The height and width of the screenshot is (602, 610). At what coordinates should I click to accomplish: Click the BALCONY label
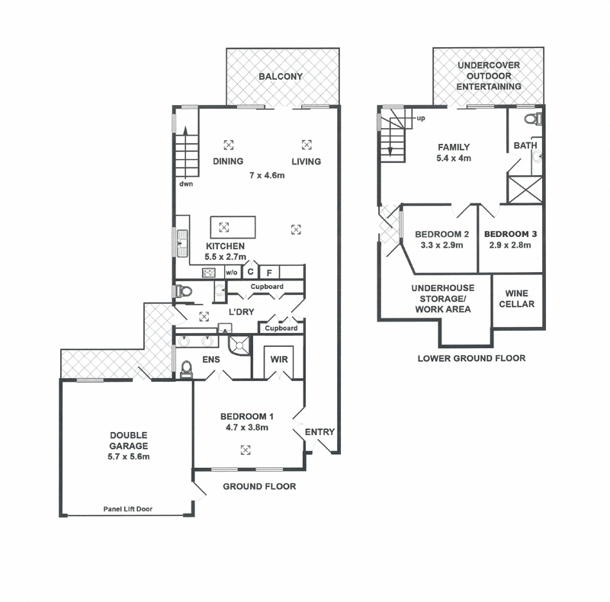tap(281, 76)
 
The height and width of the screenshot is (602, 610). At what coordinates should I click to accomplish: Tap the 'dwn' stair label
tap(186, 184)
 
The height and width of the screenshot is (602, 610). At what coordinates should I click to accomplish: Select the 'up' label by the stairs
tap(421, 118)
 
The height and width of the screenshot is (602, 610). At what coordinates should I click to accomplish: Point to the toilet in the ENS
tap(187, 369)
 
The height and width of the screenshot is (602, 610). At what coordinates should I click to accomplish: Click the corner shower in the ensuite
tap(239, 345)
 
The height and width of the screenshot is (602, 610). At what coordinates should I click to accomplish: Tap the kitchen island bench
tap(233, 227)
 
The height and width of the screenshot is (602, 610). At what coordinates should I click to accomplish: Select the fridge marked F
tap(269, 272)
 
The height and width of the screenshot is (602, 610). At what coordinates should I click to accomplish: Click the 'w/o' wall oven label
tap(232, 273)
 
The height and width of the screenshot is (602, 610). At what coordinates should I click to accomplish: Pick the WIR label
tap(279, 360)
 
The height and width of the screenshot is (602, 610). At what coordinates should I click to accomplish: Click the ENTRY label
tap(319, 431)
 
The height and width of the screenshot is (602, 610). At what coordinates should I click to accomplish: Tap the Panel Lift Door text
tap(127, 509)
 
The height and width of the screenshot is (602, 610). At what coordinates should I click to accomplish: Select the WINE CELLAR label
tap(517, 299)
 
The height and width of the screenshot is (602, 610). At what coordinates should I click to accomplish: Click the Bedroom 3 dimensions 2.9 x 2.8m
tap(510, 245)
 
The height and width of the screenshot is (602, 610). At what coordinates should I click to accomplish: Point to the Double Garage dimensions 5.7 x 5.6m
tap(128, 456)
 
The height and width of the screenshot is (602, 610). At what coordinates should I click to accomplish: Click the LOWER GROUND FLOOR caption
tap(471, 358)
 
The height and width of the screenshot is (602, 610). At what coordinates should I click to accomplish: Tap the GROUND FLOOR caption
tap(259, 486)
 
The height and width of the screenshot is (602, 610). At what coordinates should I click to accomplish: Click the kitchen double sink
tap(182, 243)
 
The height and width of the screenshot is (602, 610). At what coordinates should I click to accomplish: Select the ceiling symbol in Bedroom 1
tap(245, 450)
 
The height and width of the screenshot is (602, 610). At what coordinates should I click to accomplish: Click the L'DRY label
tap(241, 312)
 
